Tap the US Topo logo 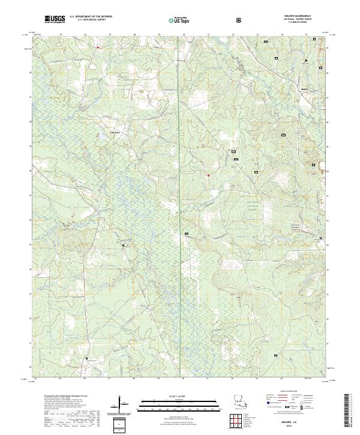click(x=179, y=20)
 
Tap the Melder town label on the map click(x=304, y=89)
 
